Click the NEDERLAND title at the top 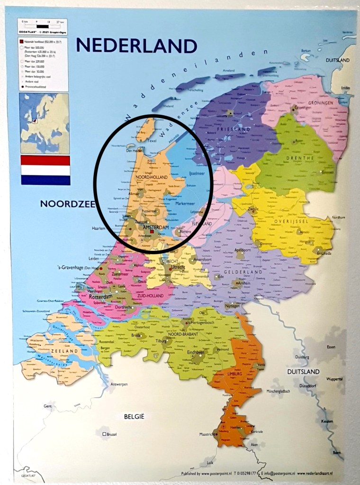coord(136,46)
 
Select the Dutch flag coord(45,170)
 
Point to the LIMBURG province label coord(235,374)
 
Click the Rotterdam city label coord(100,297)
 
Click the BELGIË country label coord(133,416)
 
